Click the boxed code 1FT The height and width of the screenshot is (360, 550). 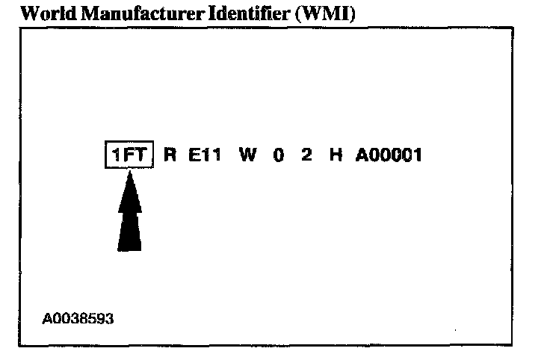tap(129, 156)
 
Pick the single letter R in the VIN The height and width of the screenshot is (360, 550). tap(170, 156)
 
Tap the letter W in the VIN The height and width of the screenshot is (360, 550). tap(247, 156)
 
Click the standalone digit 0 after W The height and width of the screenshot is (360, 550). tap(278, 156)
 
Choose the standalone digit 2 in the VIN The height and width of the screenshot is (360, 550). tap(306, 156)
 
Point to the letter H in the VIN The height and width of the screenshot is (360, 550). tap(334, 156)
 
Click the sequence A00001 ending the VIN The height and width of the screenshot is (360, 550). tap(389, 156)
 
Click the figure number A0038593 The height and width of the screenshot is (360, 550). tap(78, 318)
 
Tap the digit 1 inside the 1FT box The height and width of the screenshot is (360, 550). tap(116, 156)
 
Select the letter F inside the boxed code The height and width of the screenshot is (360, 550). tap(129, 156)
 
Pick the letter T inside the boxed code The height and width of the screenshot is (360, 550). tap(142, 156)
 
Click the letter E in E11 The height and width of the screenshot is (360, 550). tap(194, 156)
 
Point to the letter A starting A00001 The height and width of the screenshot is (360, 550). tap(361, 156)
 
